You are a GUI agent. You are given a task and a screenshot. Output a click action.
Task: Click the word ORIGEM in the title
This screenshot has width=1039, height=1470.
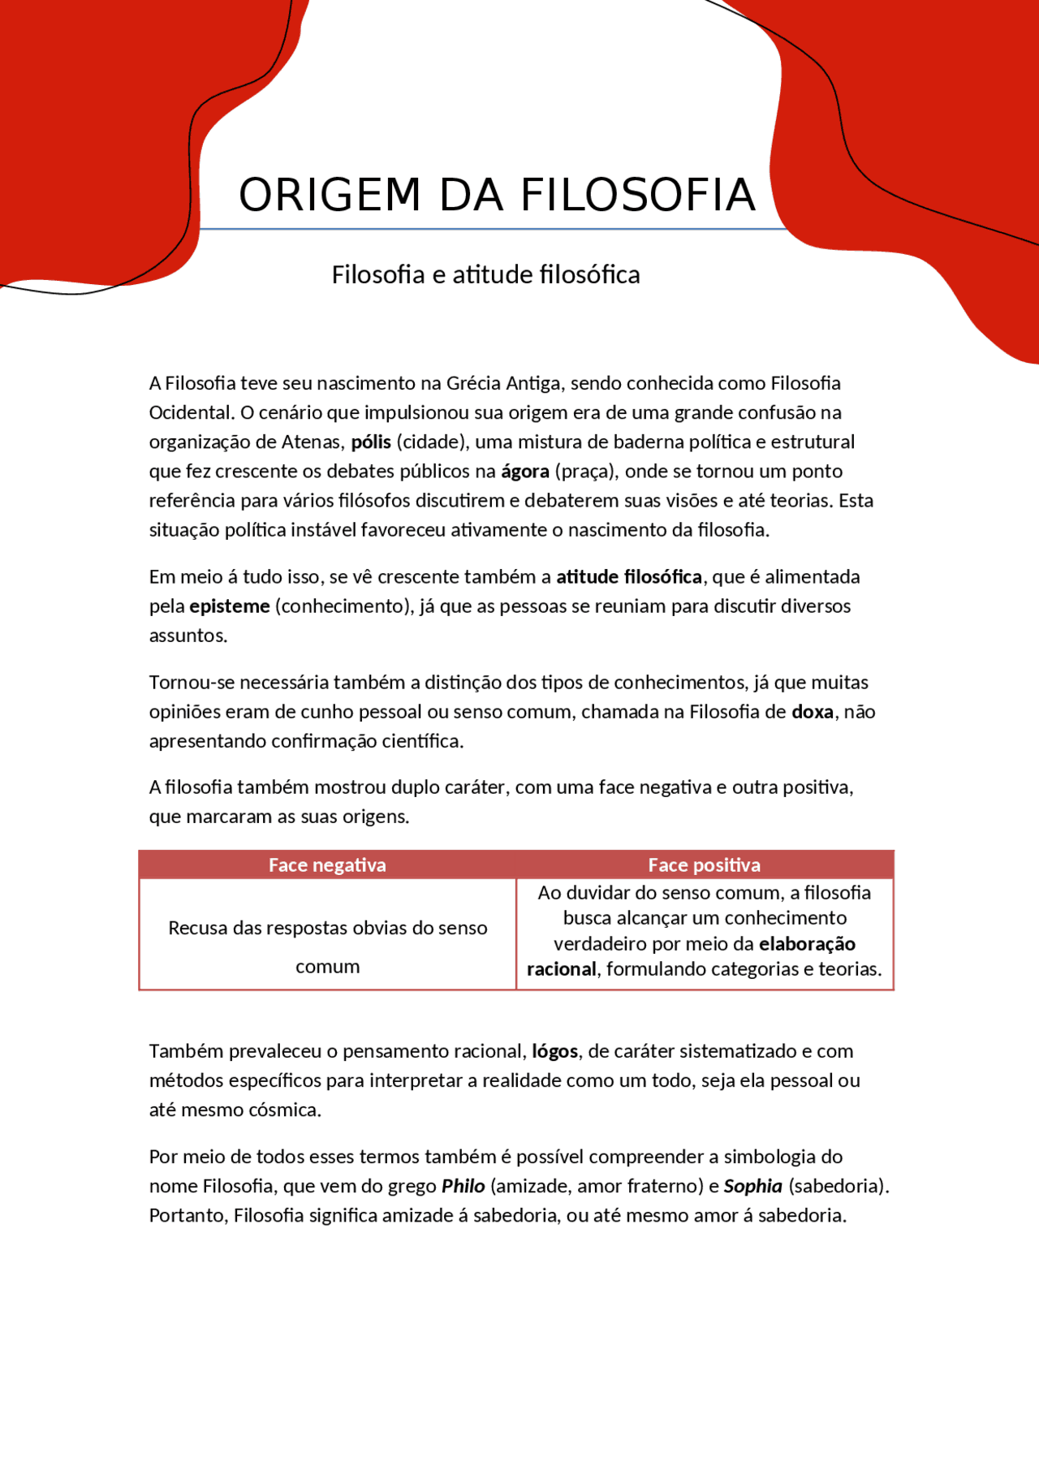[329, 196]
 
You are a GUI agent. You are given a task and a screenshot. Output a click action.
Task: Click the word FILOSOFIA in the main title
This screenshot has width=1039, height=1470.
[637, 196]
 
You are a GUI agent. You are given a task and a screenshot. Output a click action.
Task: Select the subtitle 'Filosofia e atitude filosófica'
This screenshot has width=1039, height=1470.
[485, 275]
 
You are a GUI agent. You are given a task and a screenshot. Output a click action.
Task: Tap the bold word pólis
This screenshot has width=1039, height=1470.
[371, 442]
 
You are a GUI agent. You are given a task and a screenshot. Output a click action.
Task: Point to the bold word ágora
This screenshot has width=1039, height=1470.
[524, 472]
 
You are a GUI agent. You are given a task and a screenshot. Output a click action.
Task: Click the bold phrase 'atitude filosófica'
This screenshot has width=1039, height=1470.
[628, 577]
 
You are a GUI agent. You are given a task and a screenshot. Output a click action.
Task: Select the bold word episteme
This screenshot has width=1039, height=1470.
[229, 606]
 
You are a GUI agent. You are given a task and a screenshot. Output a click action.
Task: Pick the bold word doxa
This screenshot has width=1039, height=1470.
[812, 712]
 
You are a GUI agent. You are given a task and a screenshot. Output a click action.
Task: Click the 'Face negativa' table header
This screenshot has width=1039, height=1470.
[327, 865]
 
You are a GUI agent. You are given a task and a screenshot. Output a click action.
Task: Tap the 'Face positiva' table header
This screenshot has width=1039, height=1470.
[704, 865]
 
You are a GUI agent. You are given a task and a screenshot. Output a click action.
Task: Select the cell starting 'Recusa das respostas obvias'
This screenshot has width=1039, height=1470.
[327, 946]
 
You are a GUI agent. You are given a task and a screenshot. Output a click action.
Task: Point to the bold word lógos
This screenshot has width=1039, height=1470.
[554, 1052]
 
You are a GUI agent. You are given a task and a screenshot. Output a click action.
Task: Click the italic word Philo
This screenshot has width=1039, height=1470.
[463, 1187]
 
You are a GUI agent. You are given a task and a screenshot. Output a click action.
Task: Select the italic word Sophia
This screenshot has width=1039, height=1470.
[752, 1187]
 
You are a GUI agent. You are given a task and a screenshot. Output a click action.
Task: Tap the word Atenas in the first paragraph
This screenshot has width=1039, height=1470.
[313, 442]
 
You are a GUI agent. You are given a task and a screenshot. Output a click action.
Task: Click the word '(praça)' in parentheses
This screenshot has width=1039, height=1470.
[584, 472]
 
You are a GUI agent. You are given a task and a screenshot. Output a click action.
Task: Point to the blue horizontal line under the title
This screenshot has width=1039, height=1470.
[487, 230]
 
